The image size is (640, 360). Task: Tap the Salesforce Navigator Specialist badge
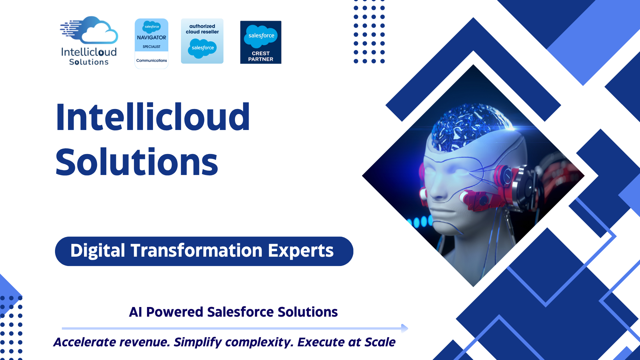151,43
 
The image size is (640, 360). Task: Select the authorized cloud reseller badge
202,41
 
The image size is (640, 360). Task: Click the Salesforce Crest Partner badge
261,42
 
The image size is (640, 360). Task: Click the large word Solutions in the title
137,162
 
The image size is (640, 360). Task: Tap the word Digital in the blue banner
98,251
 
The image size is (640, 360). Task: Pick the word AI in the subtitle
135,312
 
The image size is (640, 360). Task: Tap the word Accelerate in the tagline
85,342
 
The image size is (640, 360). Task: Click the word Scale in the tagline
380,342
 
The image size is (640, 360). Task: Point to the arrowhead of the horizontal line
405,328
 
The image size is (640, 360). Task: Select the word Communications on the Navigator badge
151,60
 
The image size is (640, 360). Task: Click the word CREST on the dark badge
261,53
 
